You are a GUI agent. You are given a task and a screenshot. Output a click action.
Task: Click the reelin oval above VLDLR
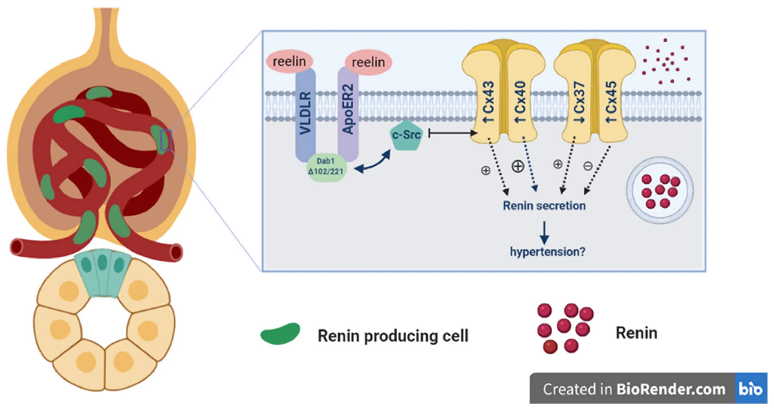[289, 62]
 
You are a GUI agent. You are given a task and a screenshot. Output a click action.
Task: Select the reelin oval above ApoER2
[368, 62]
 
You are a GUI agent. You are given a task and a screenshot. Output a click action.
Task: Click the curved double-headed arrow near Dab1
[373, 163]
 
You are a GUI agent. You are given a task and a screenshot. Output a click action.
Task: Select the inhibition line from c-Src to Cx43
[453, 133]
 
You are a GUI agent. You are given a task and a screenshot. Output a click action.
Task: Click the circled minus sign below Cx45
[588, 166]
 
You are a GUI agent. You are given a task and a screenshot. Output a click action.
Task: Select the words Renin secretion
[544, 206]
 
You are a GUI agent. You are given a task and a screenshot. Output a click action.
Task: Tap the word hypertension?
[547, 252]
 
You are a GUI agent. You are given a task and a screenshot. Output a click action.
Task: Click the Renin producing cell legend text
[393, 336]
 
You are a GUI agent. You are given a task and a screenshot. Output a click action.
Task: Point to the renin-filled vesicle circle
[660, 190]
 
